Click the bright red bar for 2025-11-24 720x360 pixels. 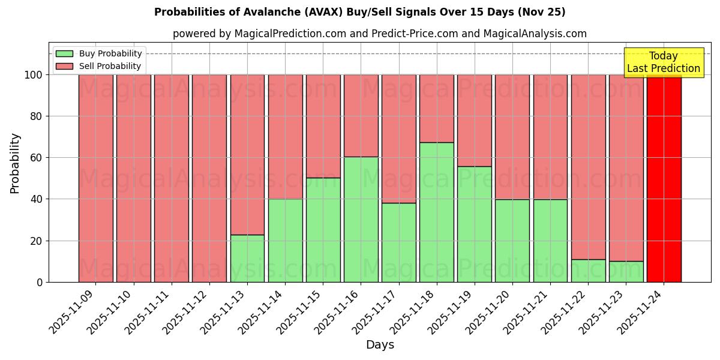point(664,178)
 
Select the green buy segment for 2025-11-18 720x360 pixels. point(436,212)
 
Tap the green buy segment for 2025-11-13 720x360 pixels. point(247,258)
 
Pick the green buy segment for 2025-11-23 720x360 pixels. point(626,271)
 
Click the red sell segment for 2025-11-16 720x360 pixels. point(361,115)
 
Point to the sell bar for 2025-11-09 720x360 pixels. point(95,178)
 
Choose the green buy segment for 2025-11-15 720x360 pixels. point(323,230)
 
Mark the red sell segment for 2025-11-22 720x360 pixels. point(588,167)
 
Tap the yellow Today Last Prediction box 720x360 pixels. point(663,62)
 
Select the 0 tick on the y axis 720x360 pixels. point(40,282)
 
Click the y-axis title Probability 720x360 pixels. point(15,163)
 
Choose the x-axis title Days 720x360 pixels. point(380,345)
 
